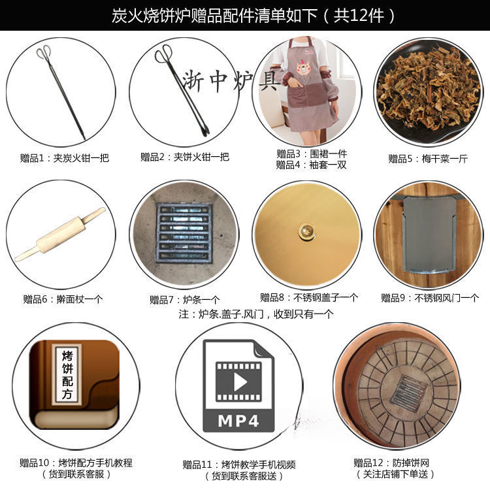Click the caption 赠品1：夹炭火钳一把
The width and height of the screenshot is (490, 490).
coord(64,157)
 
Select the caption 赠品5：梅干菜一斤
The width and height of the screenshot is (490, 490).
coord(425,158)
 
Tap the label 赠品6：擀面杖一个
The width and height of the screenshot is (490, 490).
coord(63,299)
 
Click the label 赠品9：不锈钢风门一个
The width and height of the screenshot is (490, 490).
coord(429,298)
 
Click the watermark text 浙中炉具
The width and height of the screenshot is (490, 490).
coord(232,81)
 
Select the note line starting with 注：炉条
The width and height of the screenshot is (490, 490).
coord(255,314)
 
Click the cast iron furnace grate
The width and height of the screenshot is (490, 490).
coord(184,233)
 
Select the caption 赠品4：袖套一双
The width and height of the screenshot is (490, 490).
coord(311,165)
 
